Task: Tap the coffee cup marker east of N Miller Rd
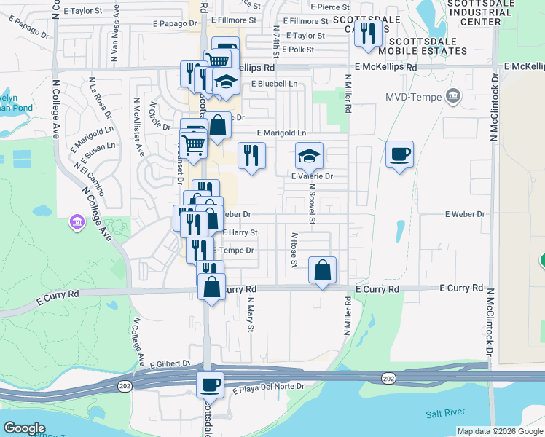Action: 399,154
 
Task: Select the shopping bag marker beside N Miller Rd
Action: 322,271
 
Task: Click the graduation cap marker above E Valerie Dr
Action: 309,156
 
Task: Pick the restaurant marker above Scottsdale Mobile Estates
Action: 369,32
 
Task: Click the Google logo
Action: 24,428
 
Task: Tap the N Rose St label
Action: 294,249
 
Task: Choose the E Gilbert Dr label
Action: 170,363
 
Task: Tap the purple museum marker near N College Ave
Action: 76,221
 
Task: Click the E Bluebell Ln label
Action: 274,84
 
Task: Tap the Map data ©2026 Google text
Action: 499,431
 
